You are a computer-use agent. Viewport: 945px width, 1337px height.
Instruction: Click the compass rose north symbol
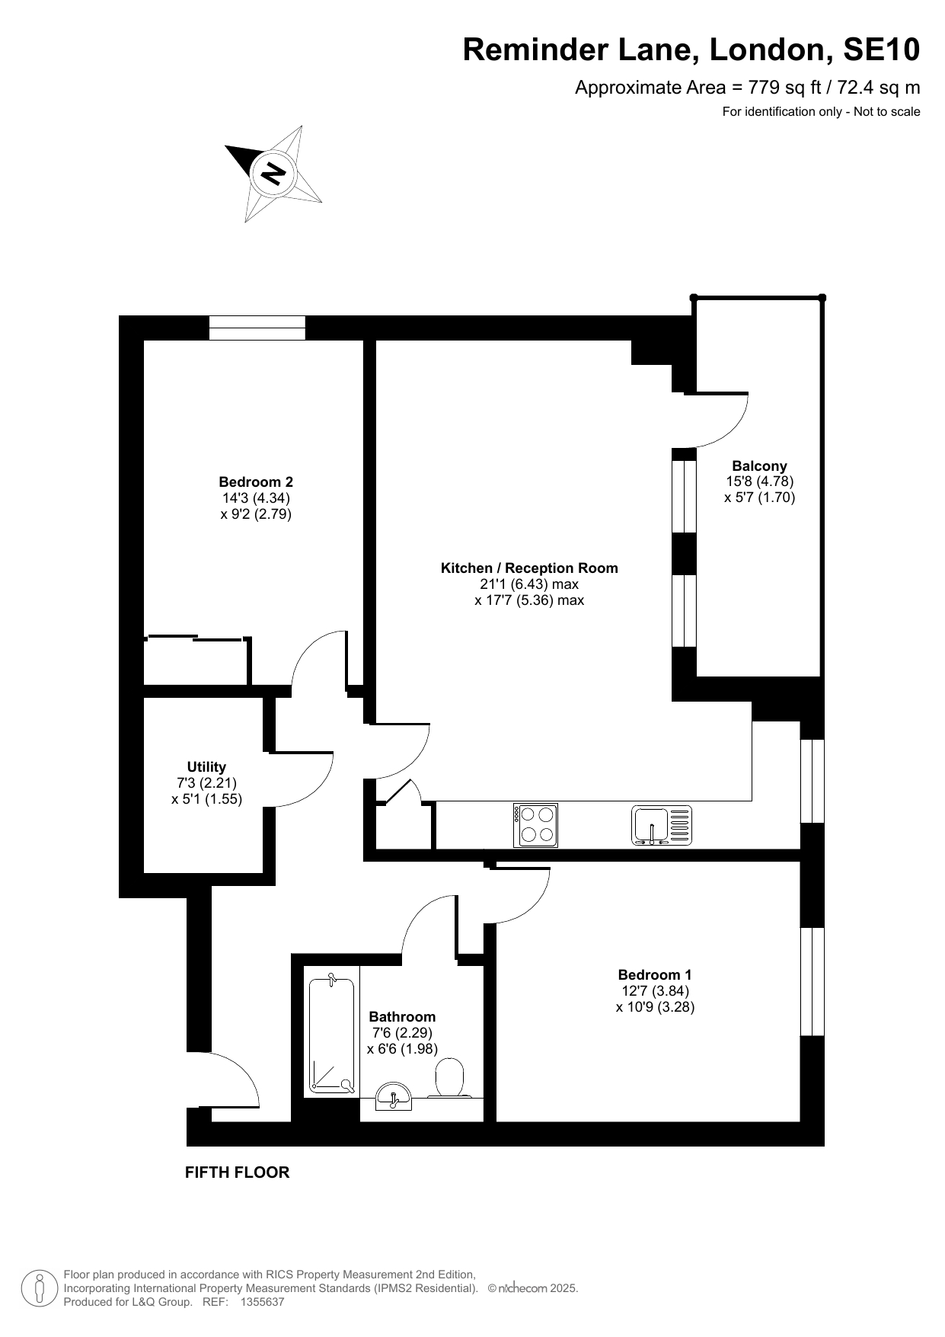273,173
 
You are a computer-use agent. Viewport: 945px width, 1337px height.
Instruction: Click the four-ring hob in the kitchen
536,825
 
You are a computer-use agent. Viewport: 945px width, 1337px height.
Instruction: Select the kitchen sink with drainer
662,825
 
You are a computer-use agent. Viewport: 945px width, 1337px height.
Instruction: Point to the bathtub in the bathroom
332,1033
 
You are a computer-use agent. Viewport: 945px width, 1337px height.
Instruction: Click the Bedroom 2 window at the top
257,328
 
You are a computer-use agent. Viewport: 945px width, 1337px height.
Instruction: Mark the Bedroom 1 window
813,981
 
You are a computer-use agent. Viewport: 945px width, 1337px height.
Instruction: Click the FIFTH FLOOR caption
238,1172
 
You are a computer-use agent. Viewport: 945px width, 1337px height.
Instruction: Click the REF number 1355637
262,1302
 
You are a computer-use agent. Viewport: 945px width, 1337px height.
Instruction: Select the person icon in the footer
38,1288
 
